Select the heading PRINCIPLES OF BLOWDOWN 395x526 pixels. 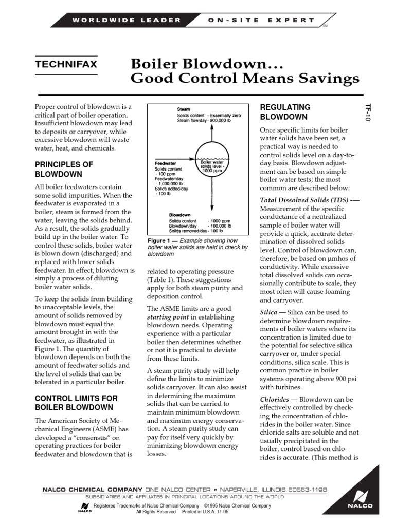[x=64, y=169]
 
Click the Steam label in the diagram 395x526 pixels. [x=184, y=109]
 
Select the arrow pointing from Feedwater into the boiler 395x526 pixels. [x=175, y=159]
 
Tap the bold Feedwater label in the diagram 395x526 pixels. [x=166, y=163]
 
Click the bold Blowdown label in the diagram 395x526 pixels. [x=181, y=215]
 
